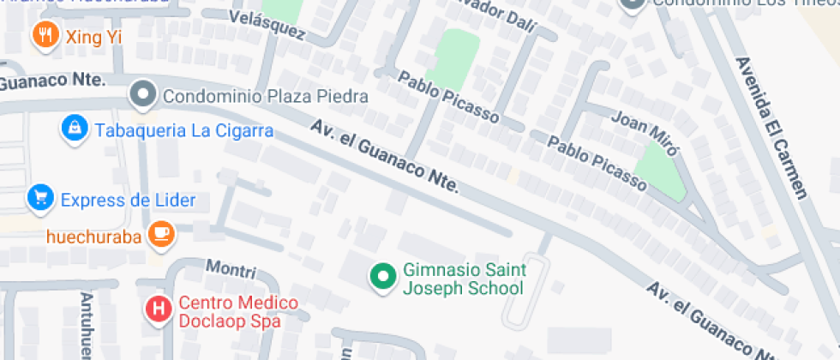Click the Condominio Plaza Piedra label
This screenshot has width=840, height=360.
tap(265, 96)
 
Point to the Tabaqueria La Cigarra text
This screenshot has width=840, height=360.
tap(184, 131)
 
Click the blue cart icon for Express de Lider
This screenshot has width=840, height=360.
tap(39, 198)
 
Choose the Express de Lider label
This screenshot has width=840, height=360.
tap(128, 201)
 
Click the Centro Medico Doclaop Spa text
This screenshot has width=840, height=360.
tap(238, 313)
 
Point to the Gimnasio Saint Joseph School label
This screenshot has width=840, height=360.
tap(464, 279)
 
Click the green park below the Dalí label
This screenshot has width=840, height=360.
tap(453, 57)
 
